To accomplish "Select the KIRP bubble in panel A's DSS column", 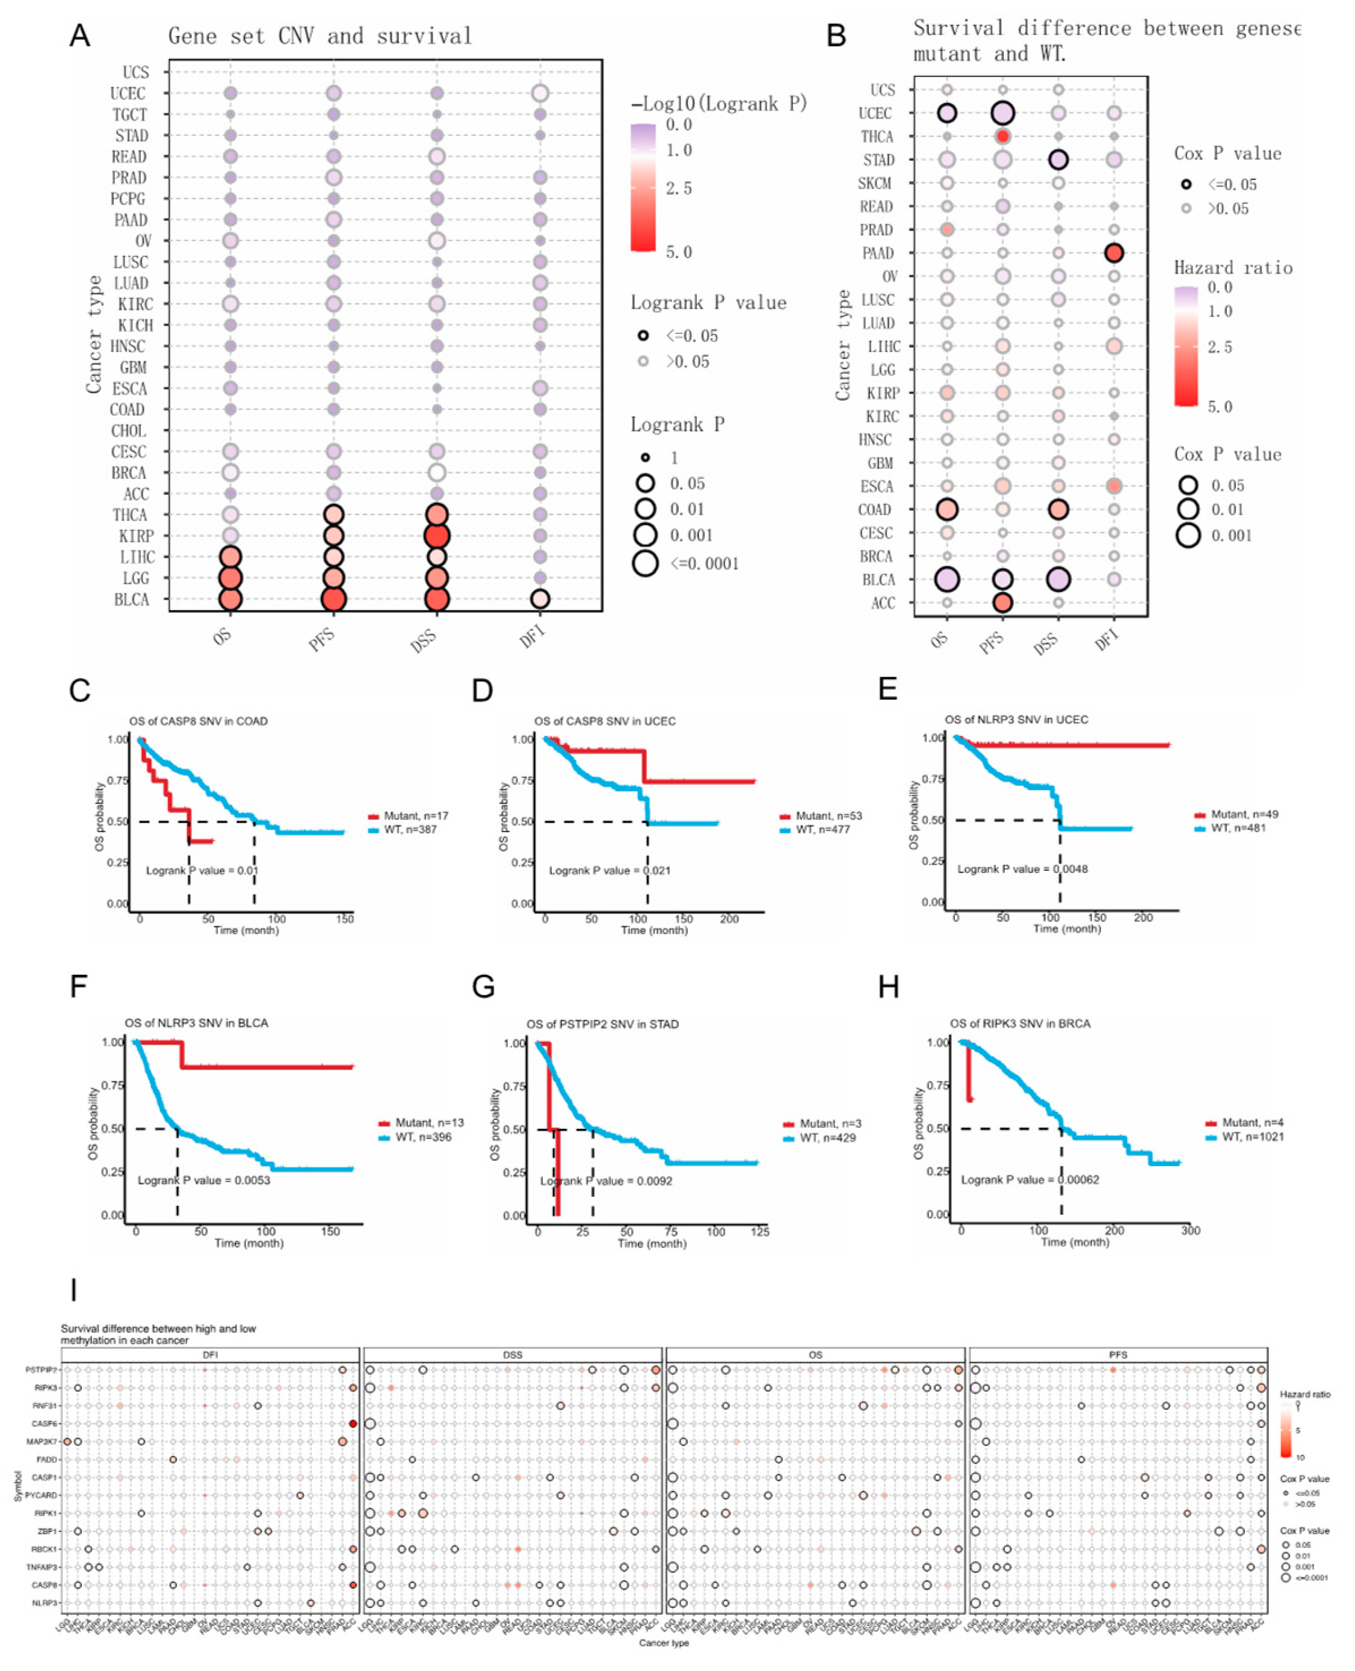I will (x=436, y=536).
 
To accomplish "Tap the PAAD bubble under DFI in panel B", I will (x=1114, y=253).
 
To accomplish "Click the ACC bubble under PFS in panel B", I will (x=1003, y=602).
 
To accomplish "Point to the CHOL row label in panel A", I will (x=128, y=431).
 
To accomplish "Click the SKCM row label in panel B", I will (x=874, y=184).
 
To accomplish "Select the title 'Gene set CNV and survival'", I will (x=320, y=36).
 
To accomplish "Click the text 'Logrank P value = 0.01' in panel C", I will (x=202, y=870).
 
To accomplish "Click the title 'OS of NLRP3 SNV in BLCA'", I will (x=196, y=1022).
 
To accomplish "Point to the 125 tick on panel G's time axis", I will (x=759, y=1232).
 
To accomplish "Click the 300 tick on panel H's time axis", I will (x=1190, y=1231).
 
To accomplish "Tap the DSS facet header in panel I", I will (x=512, y=1355).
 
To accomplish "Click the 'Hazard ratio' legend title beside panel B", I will (x=1233, y=268).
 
